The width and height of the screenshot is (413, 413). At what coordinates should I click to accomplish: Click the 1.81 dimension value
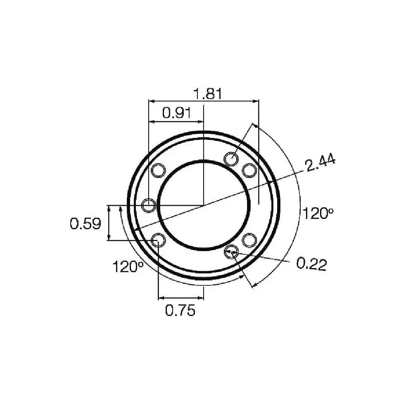click(x=208, y=94)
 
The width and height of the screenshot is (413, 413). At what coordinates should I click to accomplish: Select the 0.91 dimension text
click(x=176, y=113)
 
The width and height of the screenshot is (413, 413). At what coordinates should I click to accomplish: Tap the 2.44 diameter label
click(x=320, y=163)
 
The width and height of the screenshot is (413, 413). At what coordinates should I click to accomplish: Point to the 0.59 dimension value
click(x=85, y=223)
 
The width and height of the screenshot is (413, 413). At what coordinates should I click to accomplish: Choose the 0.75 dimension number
click(x=180, y=310)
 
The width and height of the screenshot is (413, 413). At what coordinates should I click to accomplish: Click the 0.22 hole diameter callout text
click(x=311, y=264)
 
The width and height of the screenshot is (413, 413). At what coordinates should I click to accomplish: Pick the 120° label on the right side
click(x=318, y=214)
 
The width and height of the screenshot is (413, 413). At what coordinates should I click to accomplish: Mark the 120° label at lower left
click(x=128, y=267)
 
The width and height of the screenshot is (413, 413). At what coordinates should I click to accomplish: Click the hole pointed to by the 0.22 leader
click(x=231, y=252)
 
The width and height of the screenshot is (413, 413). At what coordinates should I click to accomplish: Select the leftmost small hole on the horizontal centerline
click(x=149, y=205)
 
